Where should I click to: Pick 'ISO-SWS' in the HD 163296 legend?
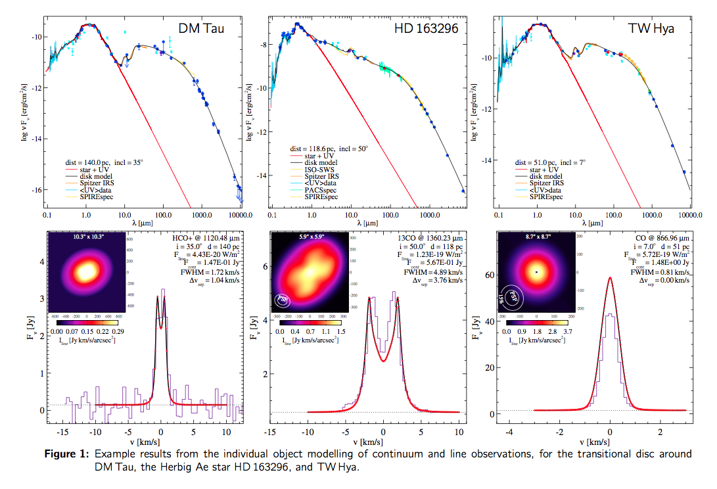[317, 170]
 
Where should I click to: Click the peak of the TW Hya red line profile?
[611, 277]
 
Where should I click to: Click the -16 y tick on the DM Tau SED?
[37, 189]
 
